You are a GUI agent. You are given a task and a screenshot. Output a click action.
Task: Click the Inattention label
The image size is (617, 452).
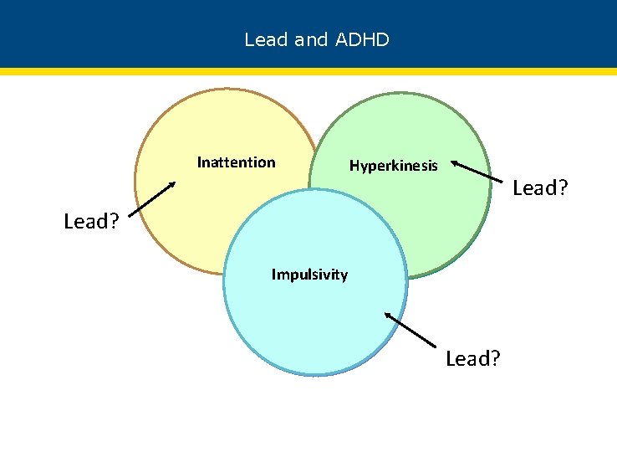coord(236,162)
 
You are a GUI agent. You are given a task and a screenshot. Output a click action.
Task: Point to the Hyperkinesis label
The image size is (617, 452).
coord(393,166)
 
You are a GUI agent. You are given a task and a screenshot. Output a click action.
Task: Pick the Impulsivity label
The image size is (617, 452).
coord(309,275)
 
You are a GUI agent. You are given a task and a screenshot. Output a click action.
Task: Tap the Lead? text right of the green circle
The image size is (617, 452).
coord(540,188)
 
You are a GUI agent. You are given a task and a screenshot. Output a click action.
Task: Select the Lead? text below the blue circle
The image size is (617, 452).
coord(473,359)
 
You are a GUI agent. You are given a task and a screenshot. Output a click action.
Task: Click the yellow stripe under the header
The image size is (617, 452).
coord(308,72)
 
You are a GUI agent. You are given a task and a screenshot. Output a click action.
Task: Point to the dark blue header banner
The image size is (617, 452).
coord(502,33)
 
